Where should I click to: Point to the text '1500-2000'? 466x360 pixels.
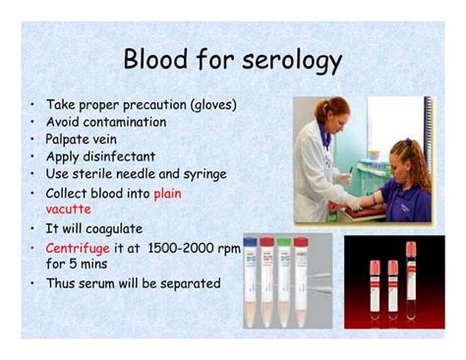pyautogui.click(x=188, y=248)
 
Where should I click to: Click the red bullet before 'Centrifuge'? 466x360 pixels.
pyautogui.click(x=32, y=248)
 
